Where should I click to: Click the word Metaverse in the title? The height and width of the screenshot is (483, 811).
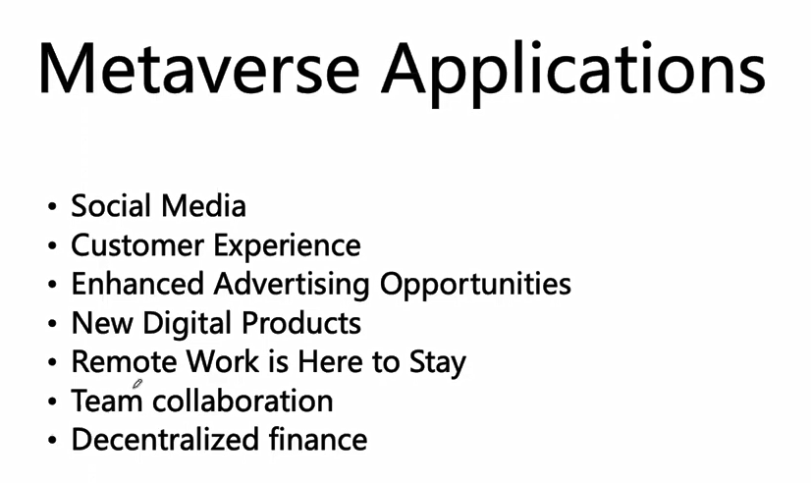[x=198, y=68]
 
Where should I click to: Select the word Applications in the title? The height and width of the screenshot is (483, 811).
[x=573, y=73]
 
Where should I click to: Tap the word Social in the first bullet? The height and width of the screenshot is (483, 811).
[x=111, y=206]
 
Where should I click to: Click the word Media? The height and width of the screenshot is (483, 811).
[x=203, y=206]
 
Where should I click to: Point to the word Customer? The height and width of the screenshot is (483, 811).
[x=137, y=244]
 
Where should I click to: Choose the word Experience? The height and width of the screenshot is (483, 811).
[x=287, y=246]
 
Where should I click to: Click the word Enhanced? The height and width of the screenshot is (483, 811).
[x=137, y=284]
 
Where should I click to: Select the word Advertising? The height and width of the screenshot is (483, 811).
[x=292, y=286]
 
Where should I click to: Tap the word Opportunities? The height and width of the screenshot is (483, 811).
[x=475, y=286]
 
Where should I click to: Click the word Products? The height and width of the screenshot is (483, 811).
[x=301, y=323]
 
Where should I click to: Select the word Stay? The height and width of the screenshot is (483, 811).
[x=438, y=363]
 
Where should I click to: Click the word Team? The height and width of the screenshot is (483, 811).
[x=107, y=401]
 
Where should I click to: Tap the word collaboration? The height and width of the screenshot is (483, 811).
[x=243, y=401]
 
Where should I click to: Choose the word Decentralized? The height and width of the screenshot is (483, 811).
[x=165, y=439]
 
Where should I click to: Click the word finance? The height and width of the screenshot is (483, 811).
[x=318, y=439]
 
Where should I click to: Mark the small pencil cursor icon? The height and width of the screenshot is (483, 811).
[x=137, y=384]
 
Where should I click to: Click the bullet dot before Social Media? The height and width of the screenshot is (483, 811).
[x=52, y=207]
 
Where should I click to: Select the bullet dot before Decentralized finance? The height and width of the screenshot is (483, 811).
[x=52, y=440]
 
